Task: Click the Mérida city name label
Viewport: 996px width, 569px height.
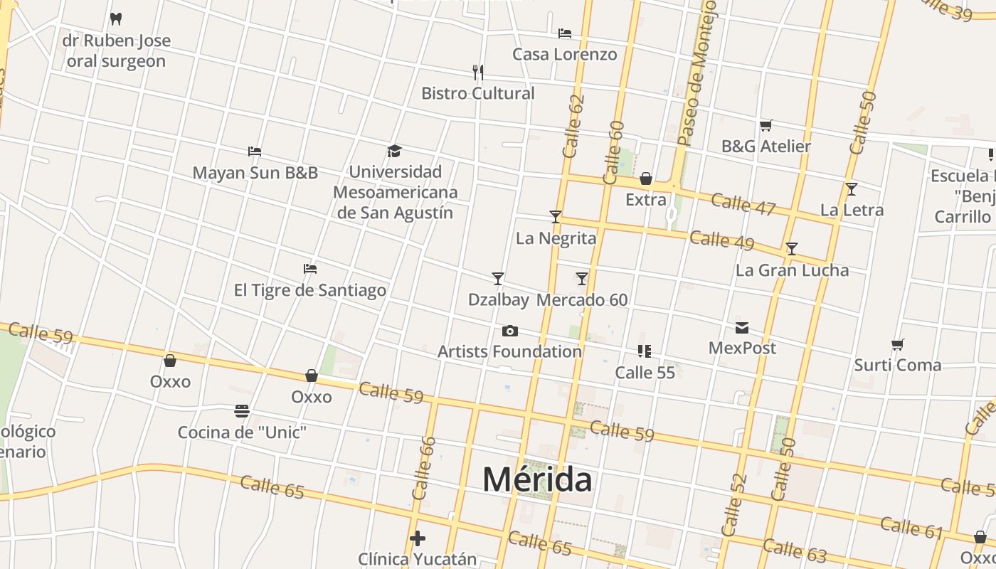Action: coord(537,479)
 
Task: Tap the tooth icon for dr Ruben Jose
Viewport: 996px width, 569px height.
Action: coord(116,18)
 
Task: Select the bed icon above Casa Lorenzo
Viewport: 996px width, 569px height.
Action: coord(565,33)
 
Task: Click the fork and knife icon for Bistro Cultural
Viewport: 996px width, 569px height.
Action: coord(478,72)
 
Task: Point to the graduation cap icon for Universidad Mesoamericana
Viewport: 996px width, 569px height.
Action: coord(395,150)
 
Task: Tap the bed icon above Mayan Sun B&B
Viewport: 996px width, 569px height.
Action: coord(255,151)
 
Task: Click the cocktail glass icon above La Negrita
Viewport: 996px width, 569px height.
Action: coord(556,216)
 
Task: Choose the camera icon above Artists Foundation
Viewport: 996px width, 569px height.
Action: coord(509,331)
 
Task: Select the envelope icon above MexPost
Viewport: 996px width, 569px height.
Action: coord(742,327)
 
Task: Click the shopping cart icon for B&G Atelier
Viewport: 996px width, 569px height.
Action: coord(765,125)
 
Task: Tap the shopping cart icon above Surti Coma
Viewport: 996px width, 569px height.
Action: coord(897,344)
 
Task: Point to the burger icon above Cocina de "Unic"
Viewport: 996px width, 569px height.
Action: coord(242,411)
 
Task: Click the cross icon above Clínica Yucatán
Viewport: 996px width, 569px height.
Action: coord(418,538)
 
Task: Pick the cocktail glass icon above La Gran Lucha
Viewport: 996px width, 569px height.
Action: coord(792,249)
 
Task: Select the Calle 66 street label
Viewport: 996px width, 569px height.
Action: coord(423,468)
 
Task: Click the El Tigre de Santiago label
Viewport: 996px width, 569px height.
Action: coord(310,290)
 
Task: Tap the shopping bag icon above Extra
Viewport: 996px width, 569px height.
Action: coord(646,179)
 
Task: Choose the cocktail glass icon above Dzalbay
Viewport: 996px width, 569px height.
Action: coord(498,278)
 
